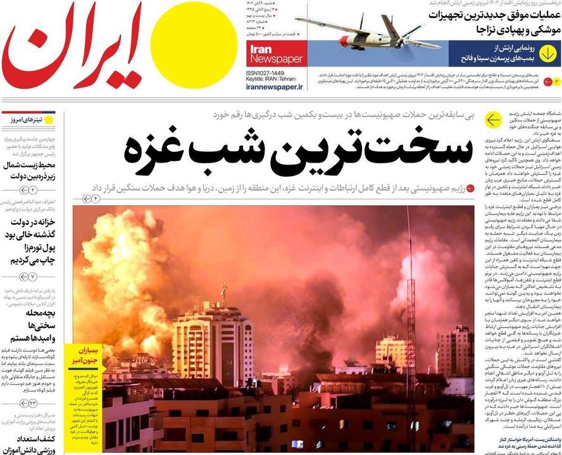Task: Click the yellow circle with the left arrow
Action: [492, 120]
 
